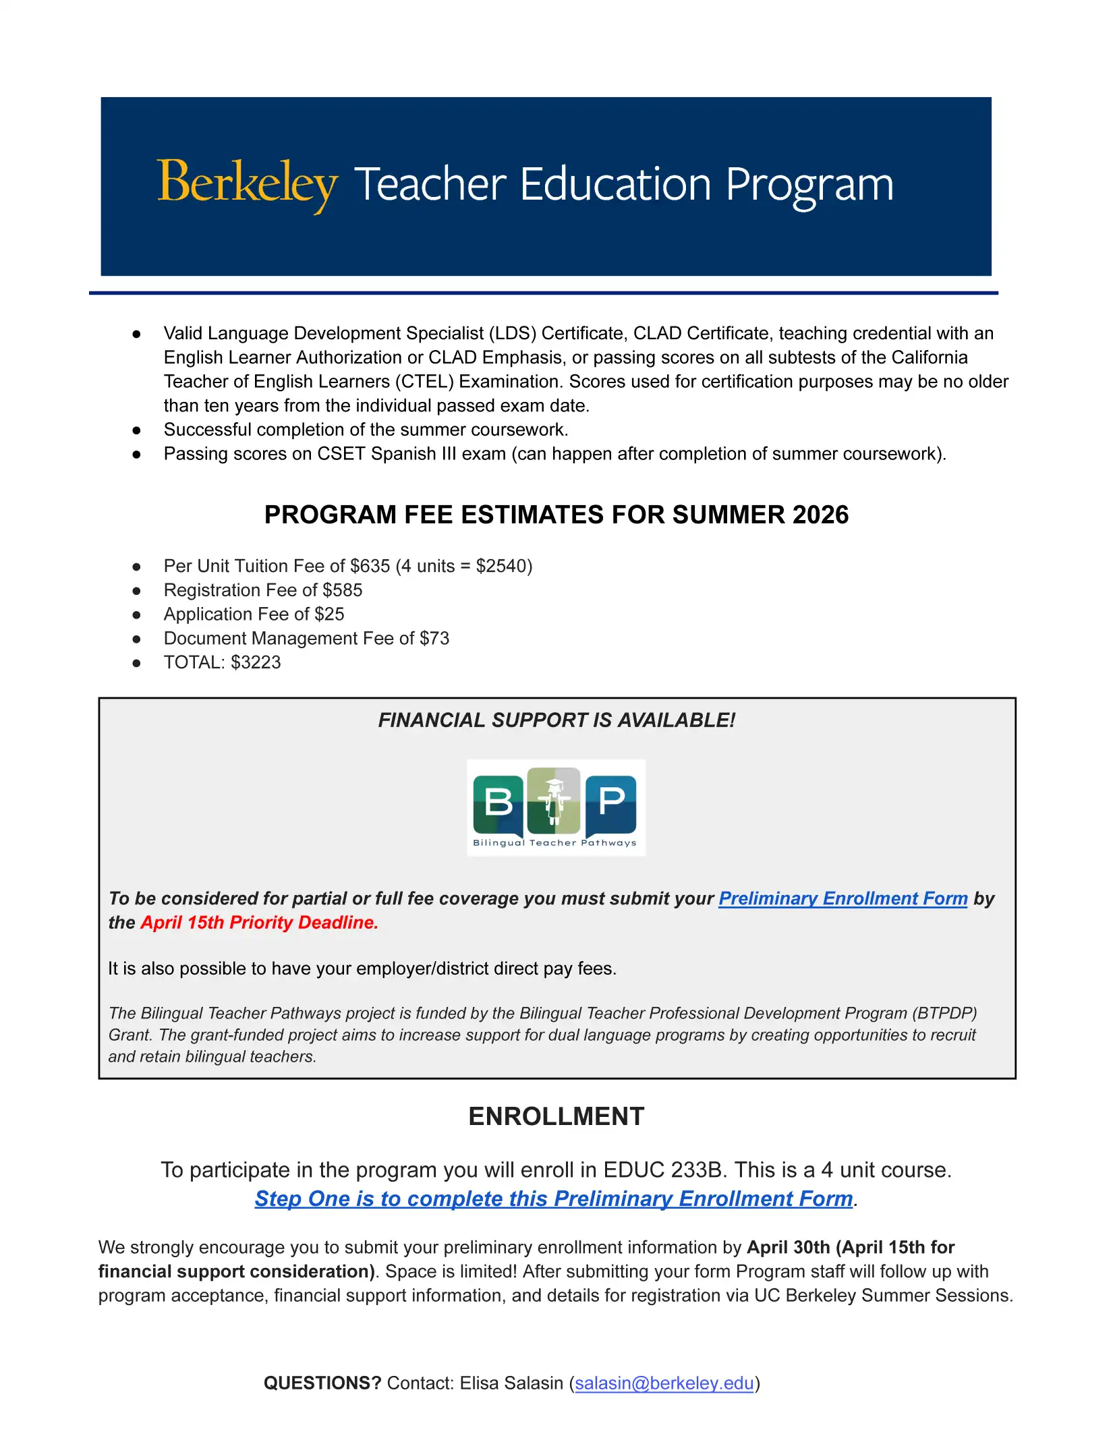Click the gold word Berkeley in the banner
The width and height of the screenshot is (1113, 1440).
(247, 183)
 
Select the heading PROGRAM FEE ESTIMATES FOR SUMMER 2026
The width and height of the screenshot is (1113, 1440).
(556, 515)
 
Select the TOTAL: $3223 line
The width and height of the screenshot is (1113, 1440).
(222, 662)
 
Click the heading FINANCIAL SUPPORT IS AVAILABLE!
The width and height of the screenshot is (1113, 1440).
(556, 720)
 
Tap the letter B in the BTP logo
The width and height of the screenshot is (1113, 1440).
(498, 802)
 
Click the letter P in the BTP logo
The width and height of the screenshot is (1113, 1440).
(611, 801)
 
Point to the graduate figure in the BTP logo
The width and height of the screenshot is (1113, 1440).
(554, 802)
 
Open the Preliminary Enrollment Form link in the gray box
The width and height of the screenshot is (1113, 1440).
(843, 898)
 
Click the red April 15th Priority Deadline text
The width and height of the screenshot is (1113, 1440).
(259, 923)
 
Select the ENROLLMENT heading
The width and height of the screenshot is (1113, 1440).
(556, 1116)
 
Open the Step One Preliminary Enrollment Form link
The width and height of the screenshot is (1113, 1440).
(553, 1199)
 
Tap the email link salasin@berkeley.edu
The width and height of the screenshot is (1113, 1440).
(664, 1383)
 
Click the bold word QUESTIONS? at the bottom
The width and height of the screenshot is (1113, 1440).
(322, 1383)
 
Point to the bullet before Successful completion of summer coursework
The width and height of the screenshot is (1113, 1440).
(137, 430)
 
